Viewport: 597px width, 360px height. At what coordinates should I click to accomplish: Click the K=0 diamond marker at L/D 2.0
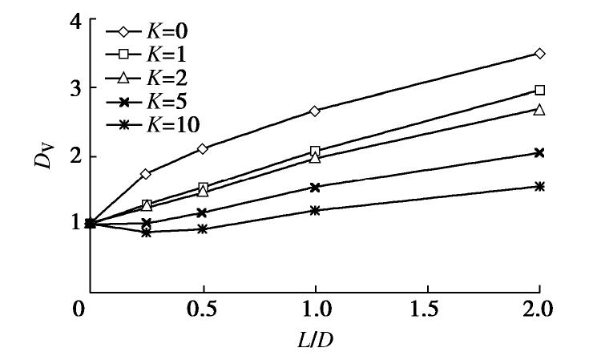539,54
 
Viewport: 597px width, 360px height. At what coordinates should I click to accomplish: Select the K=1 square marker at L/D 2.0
539,90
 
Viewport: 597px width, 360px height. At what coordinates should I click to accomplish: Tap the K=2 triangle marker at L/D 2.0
539,109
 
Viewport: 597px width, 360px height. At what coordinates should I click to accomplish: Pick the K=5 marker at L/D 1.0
315,187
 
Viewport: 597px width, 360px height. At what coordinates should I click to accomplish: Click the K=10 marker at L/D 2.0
539,186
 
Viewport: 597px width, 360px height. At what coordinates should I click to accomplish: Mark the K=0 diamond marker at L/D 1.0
315,111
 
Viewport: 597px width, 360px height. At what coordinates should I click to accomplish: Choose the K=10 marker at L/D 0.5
203,229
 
